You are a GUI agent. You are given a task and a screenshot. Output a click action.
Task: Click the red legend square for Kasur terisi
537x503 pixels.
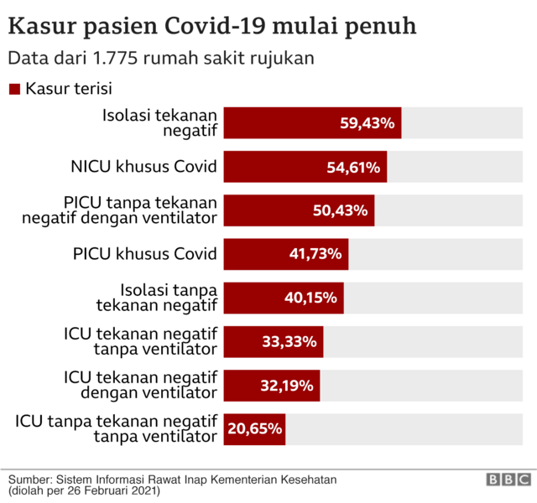pyautogui.click(x=14, y=88)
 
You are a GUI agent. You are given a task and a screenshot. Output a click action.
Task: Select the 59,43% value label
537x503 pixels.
pyautogui.click(x=367, y=123)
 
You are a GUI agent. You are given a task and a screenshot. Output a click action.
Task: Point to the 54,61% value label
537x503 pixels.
pyautogui.click(x=353, y=168)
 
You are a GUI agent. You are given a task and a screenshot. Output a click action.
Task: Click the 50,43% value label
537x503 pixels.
pyautogui.click(x=340, y=210)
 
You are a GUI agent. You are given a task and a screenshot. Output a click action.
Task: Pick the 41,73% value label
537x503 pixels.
pyautogui.click(x=315, y=255)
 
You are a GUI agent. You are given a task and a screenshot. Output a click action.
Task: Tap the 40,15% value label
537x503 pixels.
pyautogui.click(x=310, y=298)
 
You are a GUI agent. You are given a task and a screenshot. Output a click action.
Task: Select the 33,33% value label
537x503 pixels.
pyautogui.click(x=289, y=341)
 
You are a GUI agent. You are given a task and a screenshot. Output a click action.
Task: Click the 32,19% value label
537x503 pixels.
pyautogui.click(x=286, y=386)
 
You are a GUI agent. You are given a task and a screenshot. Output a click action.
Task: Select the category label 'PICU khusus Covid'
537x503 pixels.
pyautogui.click(x=146, y=254)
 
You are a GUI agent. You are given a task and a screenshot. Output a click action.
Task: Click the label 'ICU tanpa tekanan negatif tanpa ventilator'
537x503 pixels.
pyautogui.click(x=117, y=428)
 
